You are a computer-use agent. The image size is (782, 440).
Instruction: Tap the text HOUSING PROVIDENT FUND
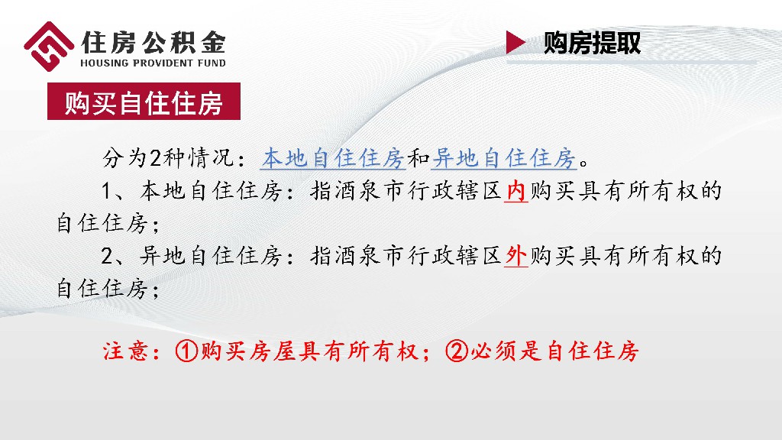[x=153, y=63]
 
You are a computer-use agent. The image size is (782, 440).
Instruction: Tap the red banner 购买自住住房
[x=144, y=102]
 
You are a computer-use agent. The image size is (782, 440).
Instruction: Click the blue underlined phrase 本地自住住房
[x=332, y=158]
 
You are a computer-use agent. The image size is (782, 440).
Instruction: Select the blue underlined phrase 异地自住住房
[x=503, y=158]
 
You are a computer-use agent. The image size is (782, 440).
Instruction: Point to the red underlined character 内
[x=517, y=191]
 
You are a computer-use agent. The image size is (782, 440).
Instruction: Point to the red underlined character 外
[x=517, y=256]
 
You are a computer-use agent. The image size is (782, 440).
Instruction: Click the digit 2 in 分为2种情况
[x=156, y=159]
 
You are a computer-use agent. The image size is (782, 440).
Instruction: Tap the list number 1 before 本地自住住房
[x=108, y=191]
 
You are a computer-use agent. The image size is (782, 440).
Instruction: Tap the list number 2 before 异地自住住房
[x=108, y=256]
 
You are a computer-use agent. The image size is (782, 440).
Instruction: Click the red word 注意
[x=122, y=352]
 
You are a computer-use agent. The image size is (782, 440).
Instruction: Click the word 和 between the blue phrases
[x=418, y=159]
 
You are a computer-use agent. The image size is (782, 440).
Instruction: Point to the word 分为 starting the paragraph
[x=122, y=159]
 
